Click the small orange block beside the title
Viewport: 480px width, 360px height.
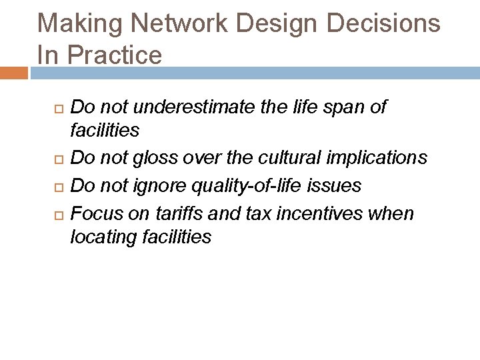[14, 73]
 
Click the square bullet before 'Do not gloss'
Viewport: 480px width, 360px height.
[58, 159]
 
